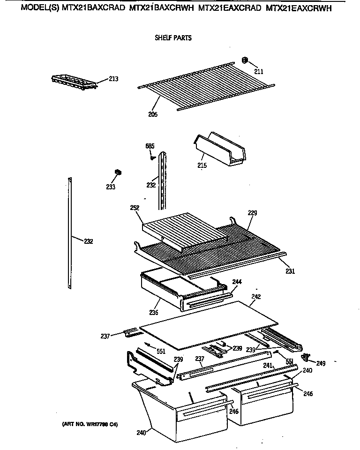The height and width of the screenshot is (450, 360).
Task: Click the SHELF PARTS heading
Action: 173,38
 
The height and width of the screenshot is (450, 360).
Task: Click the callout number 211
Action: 258,72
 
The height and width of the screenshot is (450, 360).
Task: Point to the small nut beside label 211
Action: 245,60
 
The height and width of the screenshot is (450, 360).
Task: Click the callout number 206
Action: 153,114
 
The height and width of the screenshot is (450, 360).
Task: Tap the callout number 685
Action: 150,147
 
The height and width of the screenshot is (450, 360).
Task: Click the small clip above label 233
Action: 118,172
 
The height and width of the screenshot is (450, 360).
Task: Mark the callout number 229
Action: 252,213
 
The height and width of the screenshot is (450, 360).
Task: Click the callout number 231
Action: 291,271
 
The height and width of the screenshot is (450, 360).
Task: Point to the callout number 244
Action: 237,282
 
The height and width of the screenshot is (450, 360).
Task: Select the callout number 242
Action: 256,297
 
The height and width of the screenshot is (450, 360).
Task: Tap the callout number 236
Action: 153,313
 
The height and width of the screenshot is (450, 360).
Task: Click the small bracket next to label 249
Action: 307,358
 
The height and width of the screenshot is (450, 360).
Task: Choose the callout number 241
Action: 268,365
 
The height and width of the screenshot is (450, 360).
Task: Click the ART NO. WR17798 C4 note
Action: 90,425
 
